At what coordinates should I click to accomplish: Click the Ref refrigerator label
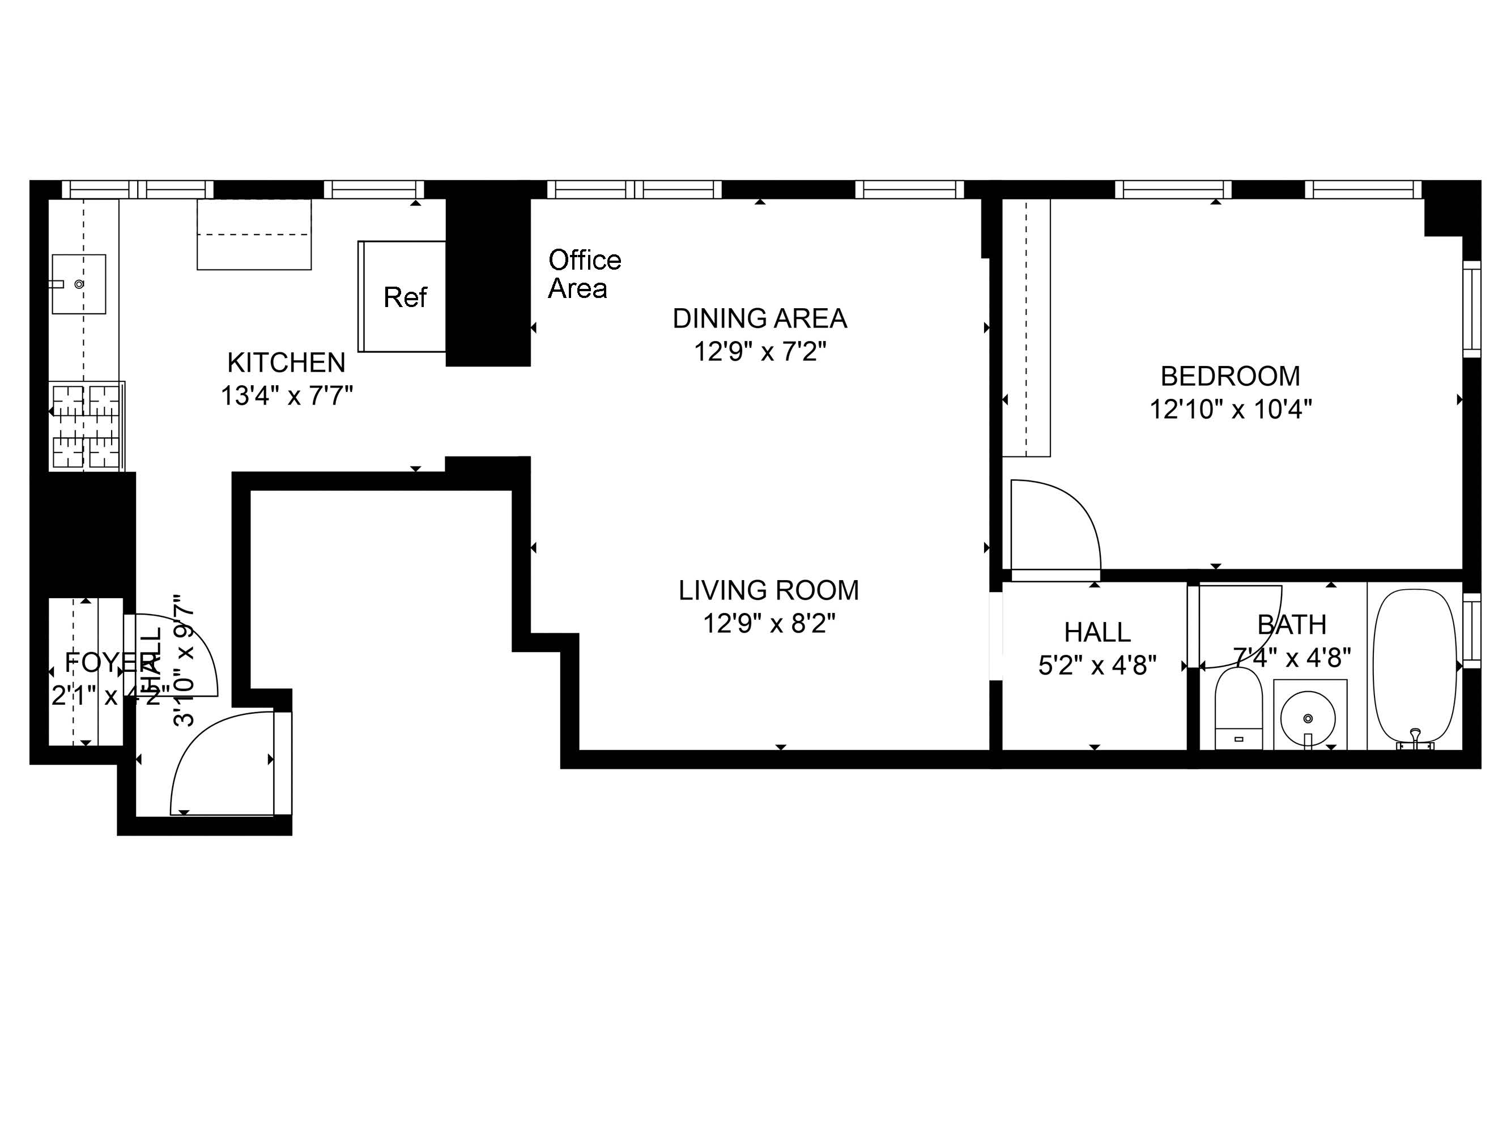click(x=405, y=297)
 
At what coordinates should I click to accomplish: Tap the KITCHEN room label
click(x=286, y=363)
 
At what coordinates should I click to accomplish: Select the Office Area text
click(x=584, y=274)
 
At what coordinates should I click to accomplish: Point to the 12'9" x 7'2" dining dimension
click(x=760, y=352)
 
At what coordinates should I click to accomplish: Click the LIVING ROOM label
click(x=768, y=590)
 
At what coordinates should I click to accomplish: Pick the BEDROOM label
click(x=1230, y=376)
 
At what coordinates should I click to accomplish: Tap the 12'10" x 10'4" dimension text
click(x=1230, y=409)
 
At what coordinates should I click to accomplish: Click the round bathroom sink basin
click(x=1308, y=718)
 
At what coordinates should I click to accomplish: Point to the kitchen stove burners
click(x=86, y=427)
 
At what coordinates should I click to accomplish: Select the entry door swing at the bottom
click(x=212, y=758)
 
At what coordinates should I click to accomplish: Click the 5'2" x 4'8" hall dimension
click(x=1097, y=665)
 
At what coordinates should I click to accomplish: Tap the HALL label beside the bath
click(x=1097, y=632)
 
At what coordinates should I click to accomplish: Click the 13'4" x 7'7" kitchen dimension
click(x=286, y=395)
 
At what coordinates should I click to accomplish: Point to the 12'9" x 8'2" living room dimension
click(x=768, y=623)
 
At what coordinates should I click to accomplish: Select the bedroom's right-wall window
click(x=1471, y=309)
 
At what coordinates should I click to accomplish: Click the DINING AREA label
click(x=760, y=319)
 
